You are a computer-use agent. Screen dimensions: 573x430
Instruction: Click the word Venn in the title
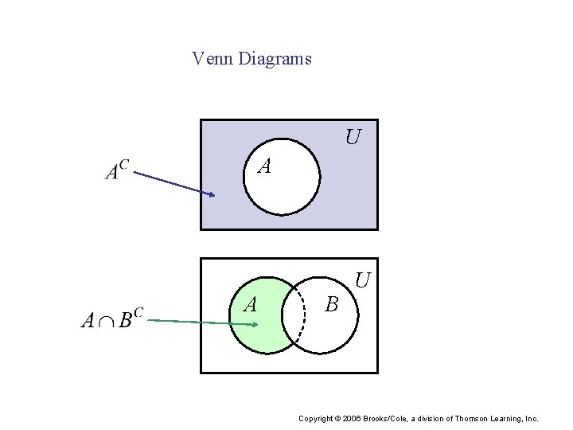tap(209, 59)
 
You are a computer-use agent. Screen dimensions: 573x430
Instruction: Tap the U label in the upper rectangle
tap(353, 138)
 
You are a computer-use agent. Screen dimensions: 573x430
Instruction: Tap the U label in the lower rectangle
tap(363, 280)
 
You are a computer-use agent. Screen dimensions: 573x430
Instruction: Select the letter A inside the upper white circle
tap(265, 166)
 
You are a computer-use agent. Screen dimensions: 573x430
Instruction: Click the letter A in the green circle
tap(250, 304)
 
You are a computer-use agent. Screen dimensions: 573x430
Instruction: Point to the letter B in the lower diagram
tap(332, 304)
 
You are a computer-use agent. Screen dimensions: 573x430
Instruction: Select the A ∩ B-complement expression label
tap(111, 320)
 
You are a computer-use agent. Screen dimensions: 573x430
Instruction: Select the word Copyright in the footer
tap(316, 418)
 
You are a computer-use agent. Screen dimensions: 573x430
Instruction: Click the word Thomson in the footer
tap(469, 418)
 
